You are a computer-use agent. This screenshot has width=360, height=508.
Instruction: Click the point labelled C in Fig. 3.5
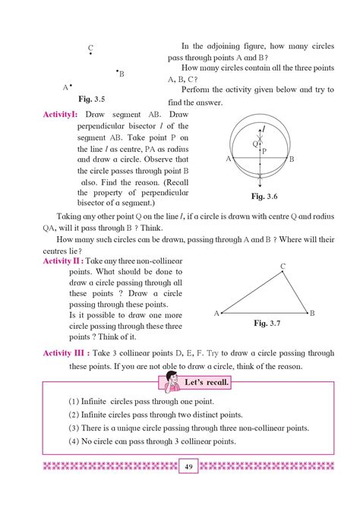point(91,54)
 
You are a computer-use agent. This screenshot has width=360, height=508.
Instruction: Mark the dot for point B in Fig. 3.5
point(117,71)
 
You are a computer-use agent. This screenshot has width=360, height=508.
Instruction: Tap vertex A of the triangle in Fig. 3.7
point(222,312)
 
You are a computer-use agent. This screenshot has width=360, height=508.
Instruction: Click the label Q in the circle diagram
point(254,142)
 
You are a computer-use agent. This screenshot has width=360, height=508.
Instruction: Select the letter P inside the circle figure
point(264,151)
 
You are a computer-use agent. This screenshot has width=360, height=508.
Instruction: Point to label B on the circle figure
point(292,159)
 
